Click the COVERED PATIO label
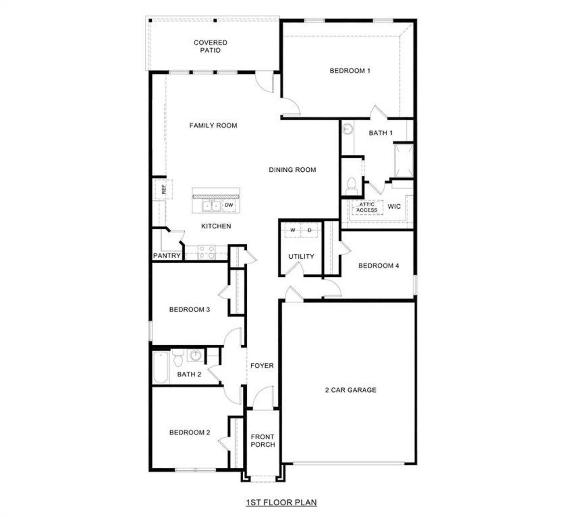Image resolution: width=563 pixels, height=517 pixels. [x=210, y=46]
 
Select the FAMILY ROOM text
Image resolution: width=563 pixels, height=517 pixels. [x=213, y=126]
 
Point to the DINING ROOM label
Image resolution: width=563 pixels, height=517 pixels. [x=292, y=170]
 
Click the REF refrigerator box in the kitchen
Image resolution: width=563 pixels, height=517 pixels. [x=163, y=190]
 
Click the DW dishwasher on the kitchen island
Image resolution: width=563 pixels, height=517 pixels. [x=229, y=205]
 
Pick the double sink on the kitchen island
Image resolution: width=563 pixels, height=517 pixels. [x=211, y=206]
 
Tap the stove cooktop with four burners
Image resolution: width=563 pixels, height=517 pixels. [x=206, y=252]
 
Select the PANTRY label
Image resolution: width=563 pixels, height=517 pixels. [x=167, y=256]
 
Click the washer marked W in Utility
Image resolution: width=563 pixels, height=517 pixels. [x=292, y=230]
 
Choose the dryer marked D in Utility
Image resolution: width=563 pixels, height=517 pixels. [x=309, y=230]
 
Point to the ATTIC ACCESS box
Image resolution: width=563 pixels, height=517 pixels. [x=366, y=207]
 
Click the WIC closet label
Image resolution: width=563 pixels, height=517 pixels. [x=394, y=206]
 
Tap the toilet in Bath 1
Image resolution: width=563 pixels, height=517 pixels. [x=351, y=185]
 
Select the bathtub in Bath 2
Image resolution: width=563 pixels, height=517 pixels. [x=160, y=368]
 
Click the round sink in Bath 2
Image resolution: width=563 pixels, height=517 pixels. [x=194, y=355]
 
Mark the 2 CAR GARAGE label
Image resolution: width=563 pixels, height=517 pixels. [x=350, y=390]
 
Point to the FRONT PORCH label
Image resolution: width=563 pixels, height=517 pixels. [x=262, y=441]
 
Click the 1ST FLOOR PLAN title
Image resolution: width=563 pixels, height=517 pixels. [x=281, y=502]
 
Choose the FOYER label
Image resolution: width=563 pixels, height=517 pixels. [x=262, y=365]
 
